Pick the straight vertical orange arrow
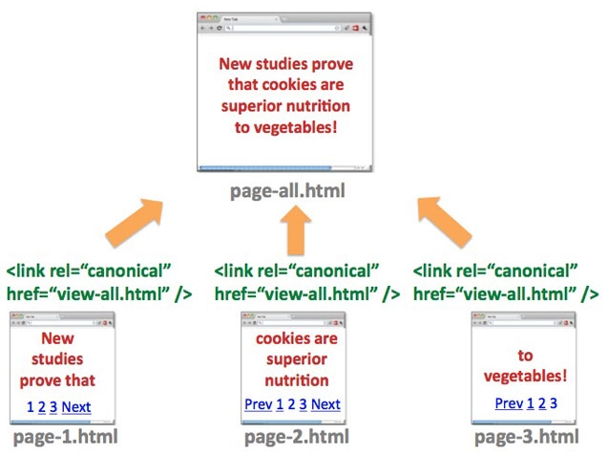click(x=298, y=229)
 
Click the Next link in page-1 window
click(x=76, y=407)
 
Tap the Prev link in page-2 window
click(x=258, y=404)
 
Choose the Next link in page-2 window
click(x=325, y=404)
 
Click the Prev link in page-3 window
click(x=509, y=403)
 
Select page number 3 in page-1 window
click(x=53, y=407)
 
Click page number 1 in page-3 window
click(x=530, y=403)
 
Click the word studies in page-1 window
click(x=62, y=360)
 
